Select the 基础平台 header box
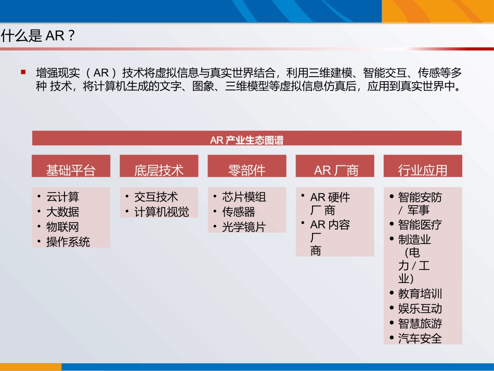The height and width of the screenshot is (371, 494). coord(71,170)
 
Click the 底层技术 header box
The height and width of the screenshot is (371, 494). coord(159,170)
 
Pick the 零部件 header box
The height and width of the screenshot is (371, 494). coord(246,170)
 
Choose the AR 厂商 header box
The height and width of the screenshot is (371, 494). coord(335,170)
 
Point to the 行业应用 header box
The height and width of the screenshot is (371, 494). coord(423,170)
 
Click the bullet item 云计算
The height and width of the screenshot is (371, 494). coord(63,197)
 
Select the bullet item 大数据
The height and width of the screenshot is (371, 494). coord(63,212)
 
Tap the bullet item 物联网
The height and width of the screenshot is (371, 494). coord(63,227)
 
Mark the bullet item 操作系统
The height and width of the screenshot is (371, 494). coord(68,242)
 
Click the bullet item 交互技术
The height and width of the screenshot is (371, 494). coord(156,197)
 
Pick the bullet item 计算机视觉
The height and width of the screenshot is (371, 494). coord(162,212)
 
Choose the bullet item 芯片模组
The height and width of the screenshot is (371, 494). coord(244,197)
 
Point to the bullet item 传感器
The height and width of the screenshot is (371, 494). coord(239,212)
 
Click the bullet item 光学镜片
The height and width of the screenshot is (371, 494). coord(244,227)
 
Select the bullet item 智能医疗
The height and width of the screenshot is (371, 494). coord(420,225)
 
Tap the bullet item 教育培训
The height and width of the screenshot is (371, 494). coord(420,293)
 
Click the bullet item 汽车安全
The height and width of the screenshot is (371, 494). coord(420,339)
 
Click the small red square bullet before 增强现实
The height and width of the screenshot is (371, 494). coord(23,72)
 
